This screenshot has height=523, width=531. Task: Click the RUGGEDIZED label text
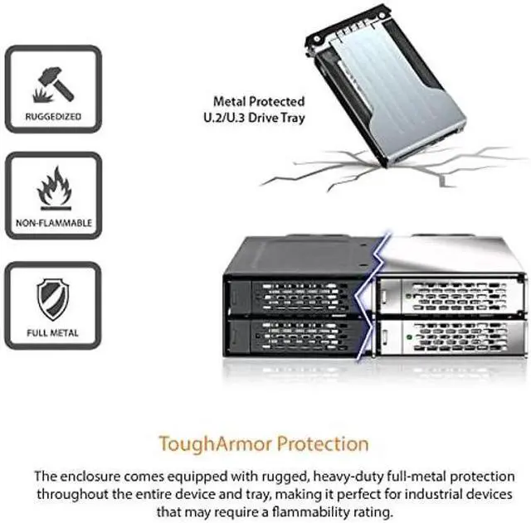click(52, 117)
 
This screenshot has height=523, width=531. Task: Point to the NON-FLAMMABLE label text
click(52, 224)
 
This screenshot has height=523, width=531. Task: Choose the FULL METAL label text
click(52, 333)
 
